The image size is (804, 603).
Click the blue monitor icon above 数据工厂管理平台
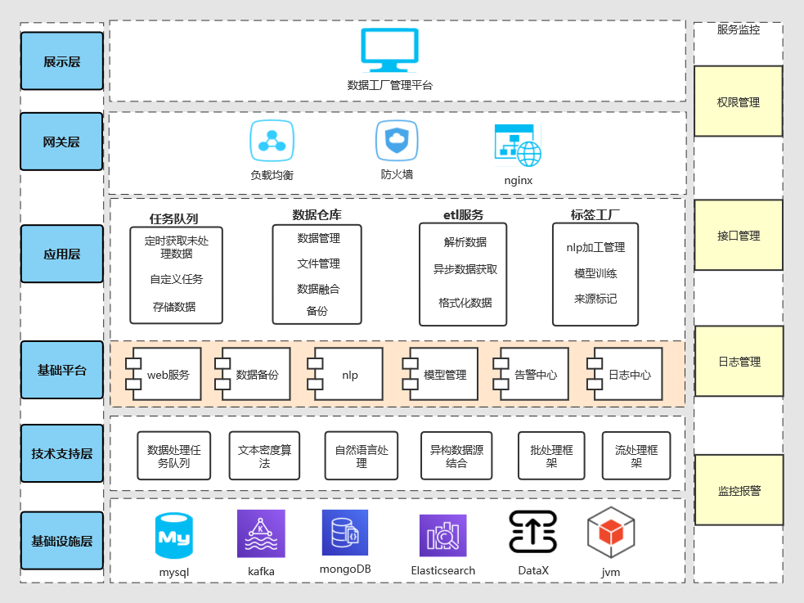point(389,50)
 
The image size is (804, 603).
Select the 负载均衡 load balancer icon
point(272,142)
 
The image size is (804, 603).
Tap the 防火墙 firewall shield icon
point(397,141)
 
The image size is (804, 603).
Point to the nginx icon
point(517,146)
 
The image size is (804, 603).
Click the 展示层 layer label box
point(62,61)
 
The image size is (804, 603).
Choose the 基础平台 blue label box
point(62,370)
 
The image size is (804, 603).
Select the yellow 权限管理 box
point(738,101)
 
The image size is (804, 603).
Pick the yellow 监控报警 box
point(739,490)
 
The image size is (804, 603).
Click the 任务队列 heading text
point(174,218)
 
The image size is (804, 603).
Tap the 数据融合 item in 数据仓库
point(318,288)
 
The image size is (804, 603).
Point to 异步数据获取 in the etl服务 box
point(465,268)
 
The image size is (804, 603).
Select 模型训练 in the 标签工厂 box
point(595,273)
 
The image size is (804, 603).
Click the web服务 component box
point(164,375)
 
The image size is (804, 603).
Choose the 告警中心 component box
point(532,375)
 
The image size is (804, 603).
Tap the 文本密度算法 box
point(264,456)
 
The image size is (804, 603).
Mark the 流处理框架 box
point(636,456)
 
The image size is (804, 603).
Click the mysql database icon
point(173,536)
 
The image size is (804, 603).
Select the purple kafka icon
point(261,533)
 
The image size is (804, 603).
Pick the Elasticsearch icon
point(442,536)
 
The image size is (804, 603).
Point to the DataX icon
point(532,532)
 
